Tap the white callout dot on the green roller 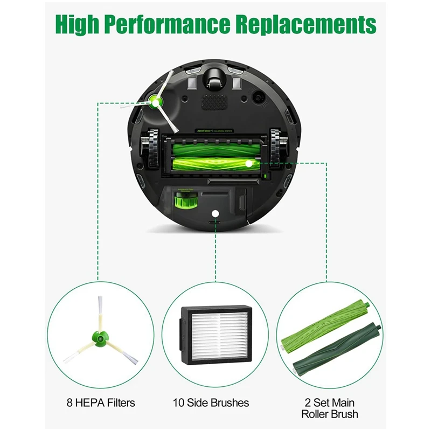(248, 162)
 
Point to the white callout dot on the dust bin (215, 214)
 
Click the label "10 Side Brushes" (211, 402)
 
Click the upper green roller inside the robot (215, 146)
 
